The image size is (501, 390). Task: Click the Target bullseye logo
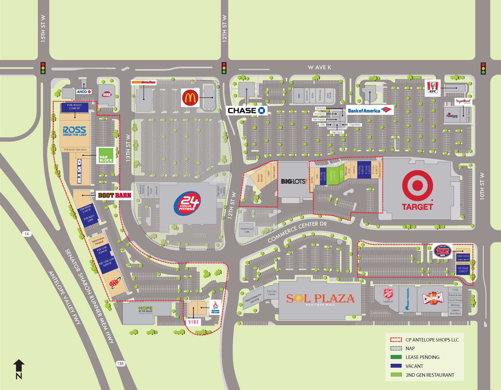417,185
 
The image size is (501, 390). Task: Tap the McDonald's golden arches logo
190,98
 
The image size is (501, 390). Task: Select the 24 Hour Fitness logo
187,203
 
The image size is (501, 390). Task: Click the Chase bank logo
246,110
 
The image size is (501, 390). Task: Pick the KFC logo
433,88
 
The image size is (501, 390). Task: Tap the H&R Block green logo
106,155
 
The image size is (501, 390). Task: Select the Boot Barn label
115,195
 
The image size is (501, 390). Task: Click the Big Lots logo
294,181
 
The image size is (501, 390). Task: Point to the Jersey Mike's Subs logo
443,251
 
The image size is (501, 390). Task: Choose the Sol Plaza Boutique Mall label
320,299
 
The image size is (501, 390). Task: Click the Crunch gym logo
433,297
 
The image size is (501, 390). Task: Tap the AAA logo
114,284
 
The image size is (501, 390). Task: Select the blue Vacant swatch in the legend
396,366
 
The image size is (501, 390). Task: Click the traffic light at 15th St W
43,68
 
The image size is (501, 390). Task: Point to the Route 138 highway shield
120,363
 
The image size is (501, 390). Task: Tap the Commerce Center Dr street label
297,232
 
